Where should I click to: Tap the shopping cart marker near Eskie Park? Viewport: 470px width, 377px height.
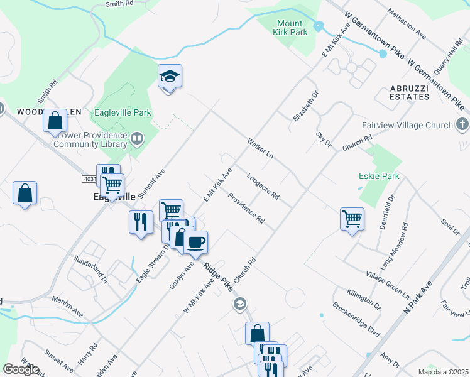click(x=352, y=219)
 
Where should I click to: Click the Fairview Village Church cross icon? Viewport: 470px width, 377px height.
click(x=462, y=124)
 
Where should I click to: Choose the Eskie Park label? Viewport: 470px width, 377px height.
click(x=379, y=177)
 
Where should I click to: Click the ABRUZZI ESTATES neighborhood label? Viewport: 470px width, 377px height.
click(x=410, y=92)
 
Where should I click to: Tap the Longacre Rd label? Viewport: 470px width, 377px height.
click(x=263, y=187)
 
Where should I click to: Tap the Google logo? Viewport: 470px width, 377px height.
click(x=21, y=369)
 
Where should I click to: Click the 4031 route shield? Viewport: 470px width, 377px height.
click(x=90, y=179)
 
